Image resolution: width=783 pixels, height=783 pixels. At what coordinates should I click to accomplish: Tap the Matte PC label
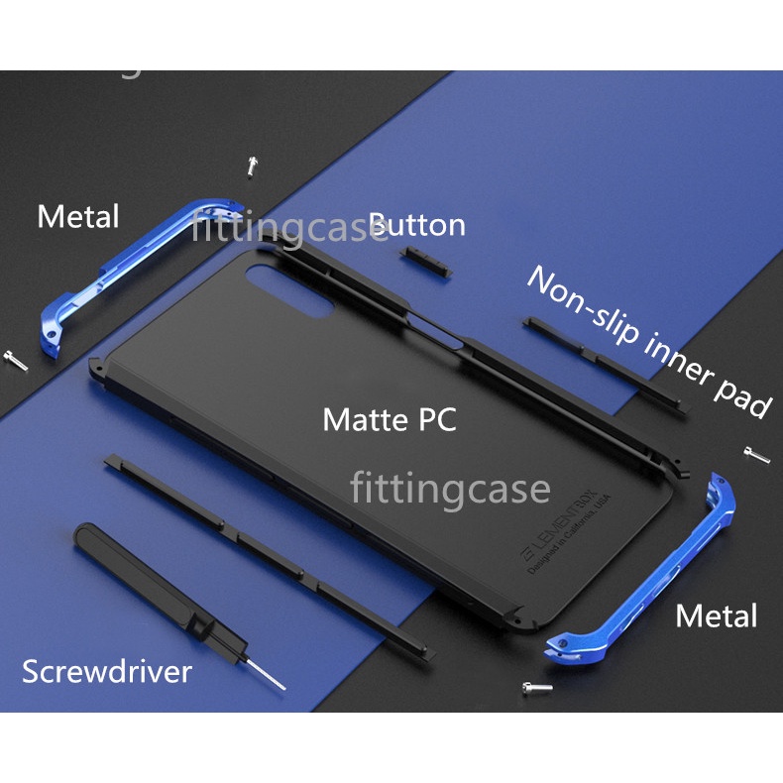tap(390, 419)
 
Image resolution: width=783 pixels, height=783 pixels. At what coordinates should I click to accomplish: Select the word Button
tap(417, 225)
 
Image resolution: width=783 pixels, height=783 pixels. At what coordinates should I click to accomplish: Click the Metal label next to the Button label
tap(78, 216)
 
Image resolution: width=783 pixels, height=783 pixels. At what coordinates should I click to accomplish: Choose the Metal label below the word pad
tap(716, 615)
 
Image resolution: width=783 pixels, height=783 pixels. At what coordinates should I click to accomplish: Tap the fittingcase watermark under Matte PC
tap(449, 489)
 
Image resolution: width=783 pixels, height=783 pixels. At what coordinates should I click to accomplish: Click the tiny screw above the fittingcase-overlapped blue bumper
tap(252, 166)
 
